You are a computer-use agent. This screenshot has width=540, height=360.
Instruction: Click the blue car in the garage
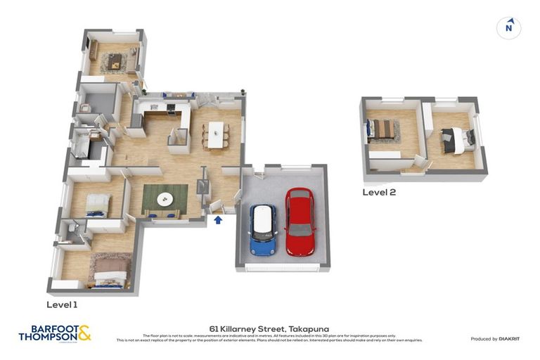pos(264,229)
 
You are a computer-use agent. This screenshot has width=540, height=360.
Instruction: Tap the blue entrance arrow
pos(218,220)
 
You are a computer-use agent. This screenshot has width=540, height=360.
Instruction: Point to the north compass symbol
pos(509,28)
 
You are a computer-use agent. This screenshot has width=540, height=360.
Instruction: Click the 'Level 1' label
pos(63,304)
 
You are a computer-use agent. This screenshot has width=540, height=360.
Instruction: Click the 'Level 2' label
pos(379,192)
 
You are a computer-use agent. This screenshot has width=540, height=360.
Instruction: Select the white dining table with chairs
pos(215,134)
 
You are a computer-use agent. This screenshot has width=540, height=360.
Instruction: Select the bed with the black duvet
pos(457,139)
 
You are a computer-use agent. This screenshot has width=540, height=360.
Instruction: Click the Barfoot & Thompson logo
pos(55,333)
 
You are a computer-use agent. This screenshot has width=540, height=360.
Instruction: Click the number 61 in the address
pos(214,328)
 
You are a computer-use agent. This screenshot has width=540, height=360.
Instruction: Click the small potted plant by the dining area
pos(243,92)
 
